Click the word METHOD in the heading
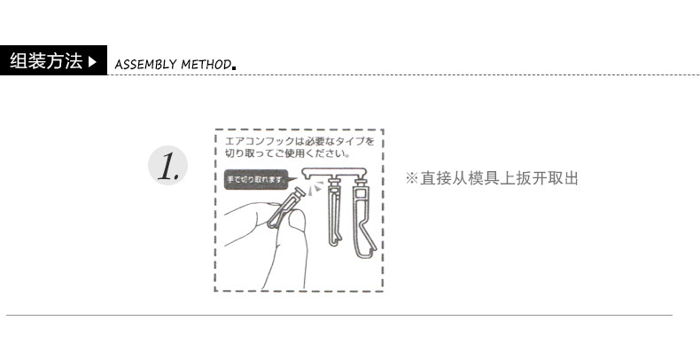[206, 64]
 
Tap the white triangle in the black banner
[94, 62]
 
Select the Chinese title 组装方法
[45, 62]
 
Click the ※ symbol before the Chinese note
[411, 178]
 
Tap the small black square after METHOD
[233, 67]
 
